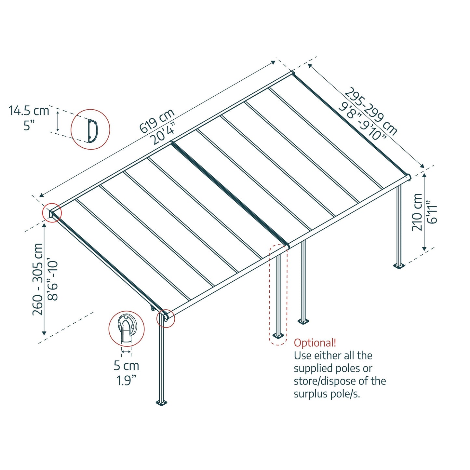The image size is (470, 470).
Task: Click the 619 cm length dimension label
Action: click(x=157, y=121)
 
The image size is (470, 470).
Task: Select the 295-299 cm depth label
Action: click(x=371, y=111)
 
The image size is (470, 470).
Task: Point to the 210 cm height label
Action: click(x=417, y=212)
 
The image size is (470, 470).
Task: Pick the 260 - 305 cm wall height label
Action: click(x=38, y=279)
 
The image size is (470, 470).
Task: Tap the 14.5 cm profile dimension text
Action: click(x=29, y=111)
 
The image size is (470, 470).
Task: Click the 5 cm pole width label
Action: click(x=126, y=366)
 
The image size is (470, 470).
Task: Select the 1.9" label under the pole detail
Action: click(x=126, y=380)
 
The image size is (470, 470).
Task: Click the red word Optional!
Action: click(x=315, y=343)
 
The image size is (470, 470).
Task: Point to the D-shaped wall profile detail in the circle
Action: click(x=91, y=130)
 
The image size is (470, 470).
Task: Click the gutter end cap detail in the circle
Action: click(x=126, y=329)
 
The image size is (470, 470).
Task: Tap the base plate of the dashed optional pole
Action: click(x=278, y=335)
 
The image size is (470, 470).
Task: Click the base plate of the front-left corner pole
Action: click(x=162, y=403)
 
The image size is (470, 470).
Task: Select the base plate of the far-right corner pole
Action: click(x=399, y=266)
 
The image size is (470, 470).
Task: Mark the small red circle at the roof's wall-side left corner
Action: click(x=52, y=213)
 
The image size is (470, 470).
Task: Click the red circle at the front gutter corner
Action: click(x=166, y=318)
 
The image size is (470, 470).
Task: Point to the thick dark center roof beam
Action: click(x=230, y=194)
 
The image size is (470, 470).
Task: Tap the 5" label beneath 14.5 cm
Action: click(x=29, y=125)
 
